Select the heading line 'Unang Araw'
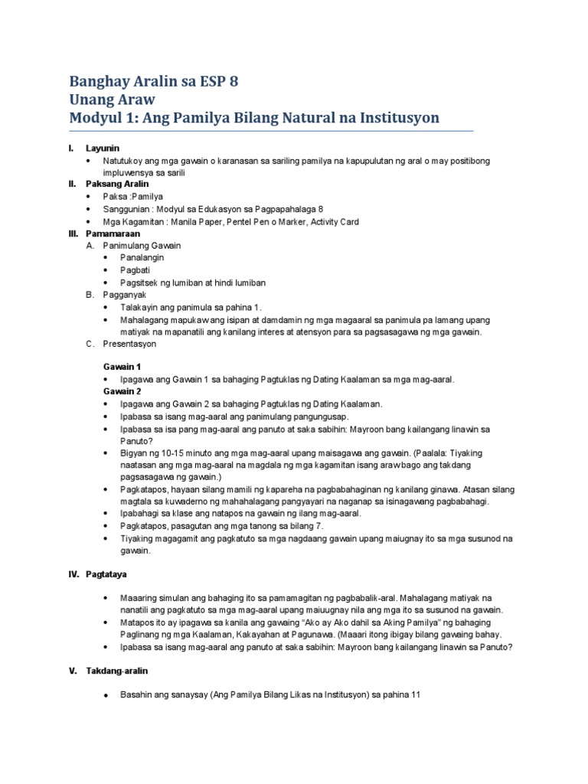[113, 100]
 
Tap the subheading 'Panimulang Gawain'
[142, 246]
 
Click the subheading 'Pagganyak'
[124, 295]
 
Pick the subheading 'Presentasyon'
[129, 344]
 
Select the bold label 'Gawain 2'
[122, 391]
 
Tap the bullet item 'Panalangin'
[142, 258]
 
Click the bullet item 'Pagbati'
[134, 270]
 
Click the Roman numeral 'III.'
[75, 234]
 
